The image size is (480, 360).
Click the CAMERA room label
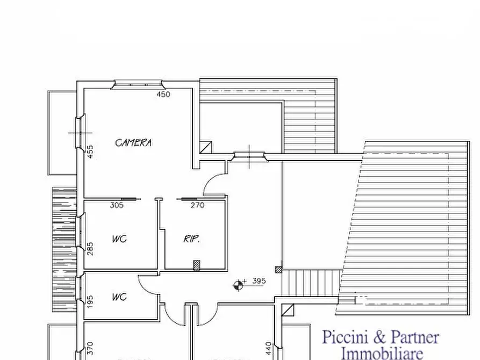133,142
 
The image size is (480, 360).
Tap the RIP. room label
192,239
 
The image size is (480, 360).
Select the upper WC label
119,239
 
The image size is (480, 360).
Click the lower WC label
119,297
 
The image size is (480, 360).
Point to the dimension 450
163,95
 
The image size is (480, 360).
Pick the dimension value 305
117,205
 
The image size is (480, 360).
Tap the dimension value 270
197,205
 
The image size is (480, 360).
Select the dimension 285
90,248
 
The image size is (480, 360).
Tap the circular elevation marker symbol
238,285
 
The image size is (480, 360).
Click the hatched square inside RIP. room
197,264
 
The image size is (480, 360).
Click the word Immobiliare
382,352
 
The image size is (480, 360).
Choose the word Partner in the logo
414,338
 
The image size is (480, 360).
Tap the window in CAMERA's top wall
138,83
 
